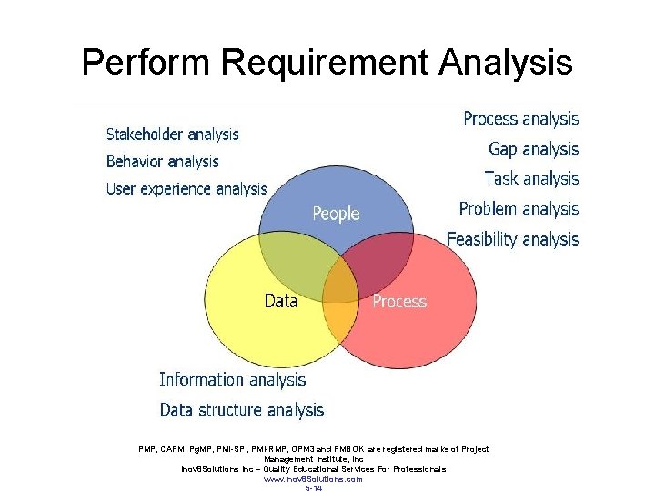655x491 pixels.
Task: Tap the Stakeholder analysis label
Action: point(173,135)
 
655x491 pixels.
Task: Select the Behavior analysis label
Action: point(163,162)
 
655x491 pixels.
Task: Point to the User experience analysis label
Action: point(186,189)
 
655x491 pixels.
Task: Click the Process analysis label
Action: point(520,118)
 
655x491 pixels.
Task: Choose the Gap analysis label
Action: point(533,148)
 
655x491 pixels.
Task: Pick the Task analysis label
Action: point(531,178)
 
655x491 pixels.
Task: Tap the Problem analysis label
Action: point(519,209)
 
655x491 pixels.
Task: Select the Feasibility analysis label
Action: point(512,239)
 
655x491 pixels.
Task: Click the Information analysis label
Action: point(233,379)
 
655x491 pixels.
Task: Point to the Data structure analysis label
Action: point(242,410)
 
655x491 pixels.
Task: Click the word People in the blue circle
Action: point(336,214)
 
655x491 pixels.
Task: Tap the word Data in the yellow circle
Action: point(281,300)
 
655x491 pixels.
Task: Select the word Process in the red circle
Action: point(399,301)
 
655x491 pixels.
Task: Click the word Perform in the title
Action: point(146,64)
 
